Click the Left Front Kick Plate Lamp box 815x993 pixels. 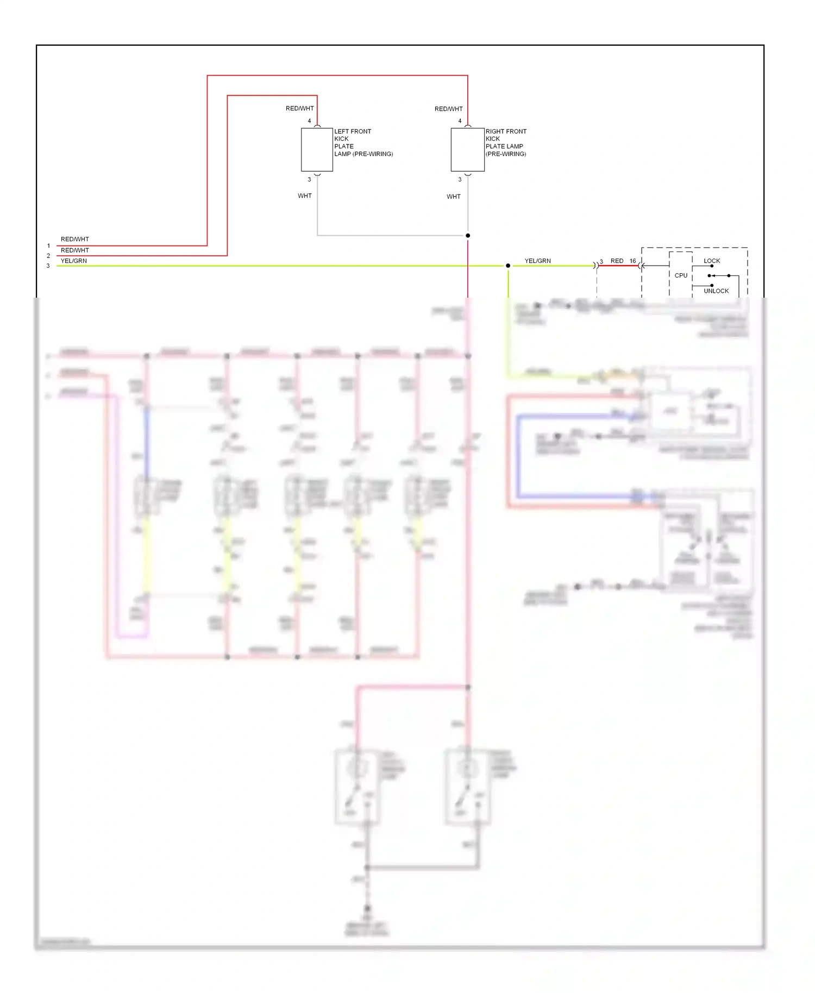coord(317,150)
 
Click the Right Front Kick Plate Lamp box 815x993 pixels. coord(467,150)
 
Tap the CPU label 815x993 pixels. coord(681,275)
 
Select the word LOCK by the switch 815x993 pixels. coord(712,261)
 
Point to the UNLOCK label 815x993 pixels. coord(716,291)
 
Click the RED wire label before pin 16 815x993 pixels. coord(617,261)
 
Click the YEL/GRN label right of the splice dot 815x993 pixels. coord(537,261)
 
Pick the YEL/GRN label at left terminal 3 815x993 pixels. coord(74,261)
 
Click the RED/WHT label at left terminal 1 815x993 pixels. coord(74,239)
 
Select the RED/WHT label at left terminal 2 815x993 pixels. coord(74,250)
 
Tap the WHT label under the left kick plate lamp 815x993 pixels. coord(305,196)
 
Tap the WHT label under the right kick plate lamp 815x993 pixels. coord(454,197)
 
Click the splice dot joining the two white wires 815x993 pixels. coord(468,235)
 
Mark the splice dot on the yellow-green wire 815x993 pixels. coord(508,266)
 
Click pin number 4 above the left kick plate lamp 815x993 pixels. coord(310,121)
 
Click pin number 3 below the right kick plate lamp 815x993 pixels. coord(460,179)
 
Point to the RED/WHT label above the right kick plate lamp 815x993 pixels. coord(448,109)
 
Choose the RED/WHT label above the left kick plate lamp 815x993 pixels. coord(300,109)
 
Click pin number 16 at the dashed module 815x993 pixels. coord(632,261)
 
